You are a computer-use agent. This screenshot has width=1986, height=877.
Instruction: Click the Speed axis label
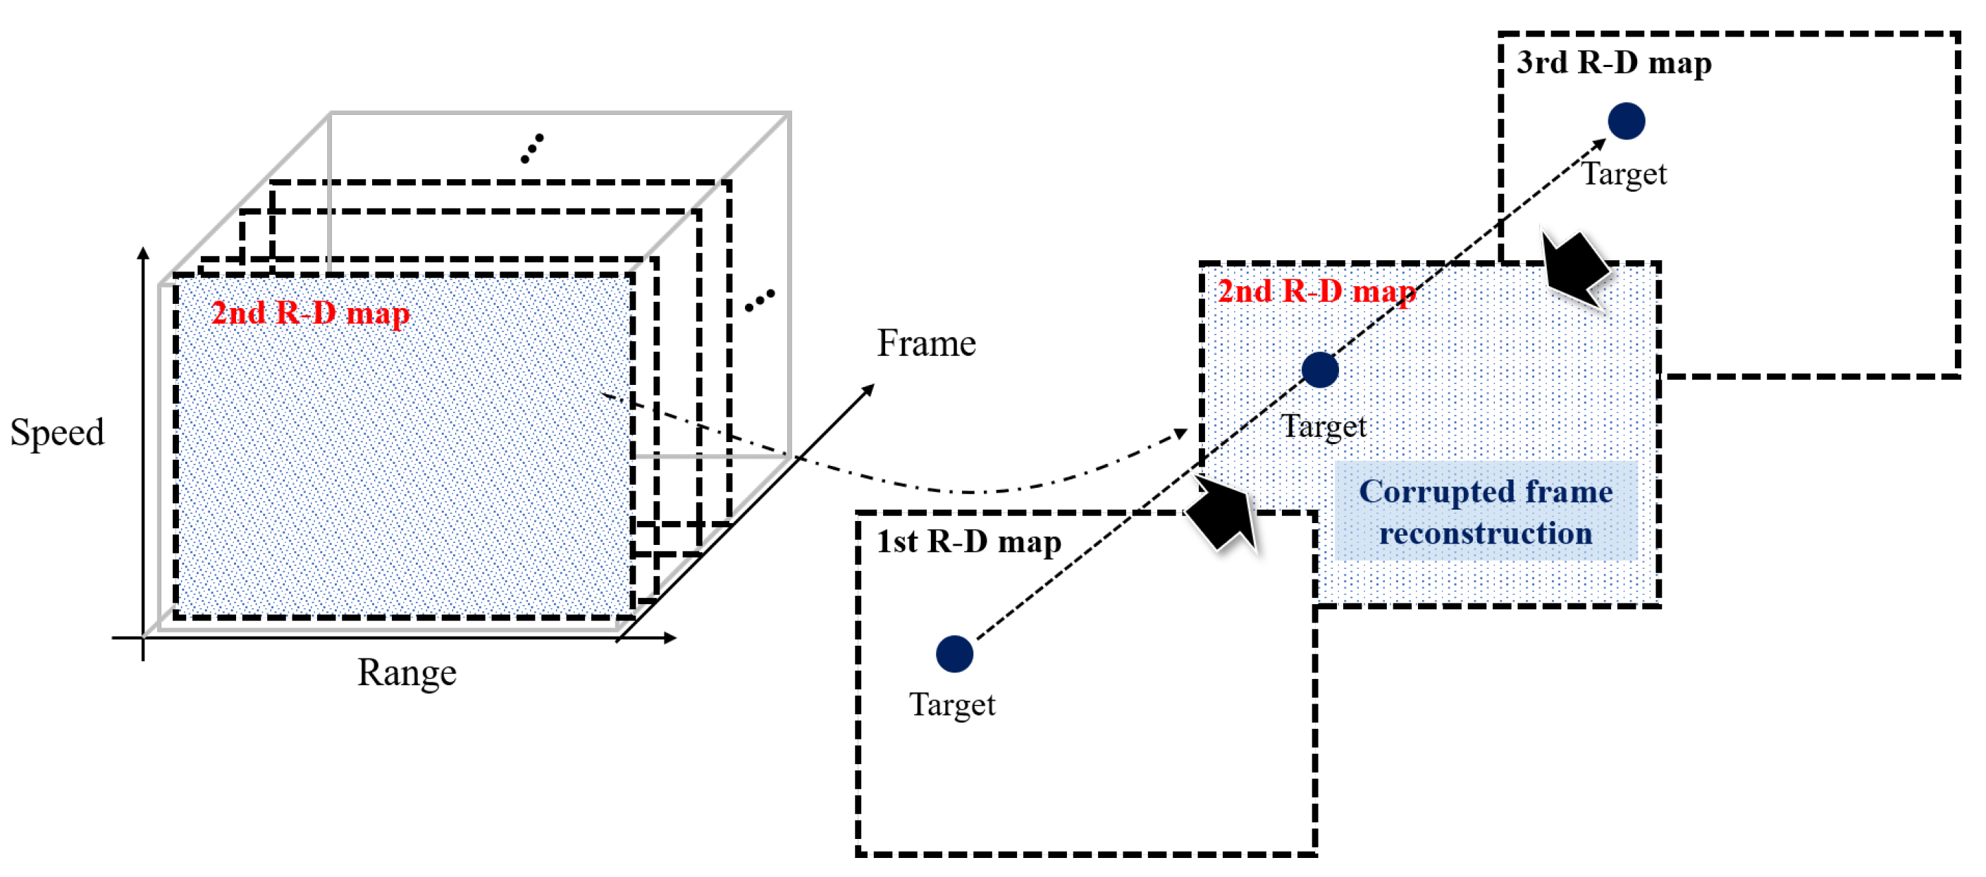(x=57, y=432)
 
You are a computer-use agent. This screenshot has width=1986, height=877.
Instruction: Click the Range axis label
(x=407, y=673)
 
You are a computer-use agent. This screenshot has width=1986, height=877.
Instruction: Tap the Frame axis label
(x=925, y=343)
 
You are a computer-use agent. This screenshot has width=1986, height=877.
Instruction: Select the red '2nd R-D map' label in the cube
(x=310, y=313)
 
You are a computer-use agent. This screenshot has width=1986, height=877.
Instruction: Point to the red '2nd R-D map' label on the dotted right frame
(x=1315, y=292)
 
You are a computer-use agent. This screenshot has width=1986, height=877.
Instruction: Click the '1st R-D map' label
(x=968, y=541)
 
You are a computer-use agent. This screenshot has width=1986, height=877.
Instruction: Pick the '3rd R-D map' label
(x=1613, y=63)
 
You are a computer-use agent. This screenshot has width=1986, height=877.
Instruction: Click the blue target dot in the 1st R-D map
(x=954, y=654)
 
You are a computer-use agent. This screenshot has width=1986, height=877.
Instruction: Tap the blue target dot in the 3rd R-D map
(x=1626, y=121)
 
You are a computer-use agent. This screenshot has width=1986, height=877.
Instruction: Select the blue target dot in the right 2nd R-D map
(x=1319, y=369)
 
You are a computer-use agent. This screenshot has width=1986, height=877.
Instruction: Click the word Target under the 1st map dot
(x=952, y=705)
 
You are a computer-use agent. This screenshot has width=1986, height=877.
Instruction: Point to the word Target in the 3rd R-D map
(x=1624, y=174)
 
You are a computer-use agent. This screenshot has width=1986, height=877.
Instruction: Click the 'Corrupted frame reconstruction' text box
(x=1485, y=511)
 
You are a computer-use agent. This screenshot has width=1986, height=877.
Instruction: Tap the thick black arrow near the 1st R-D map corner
(x=1224, y=515)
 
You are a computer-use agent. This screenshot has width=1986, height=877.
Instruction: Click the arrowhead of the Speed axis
(x=142, y=253)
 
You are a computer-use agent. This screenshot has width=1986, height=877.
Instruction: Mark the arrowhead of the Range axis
(x=670, y=637)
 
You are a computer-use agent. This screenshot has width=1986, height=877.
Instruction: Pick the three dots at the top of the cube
(x=531, y=148)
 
